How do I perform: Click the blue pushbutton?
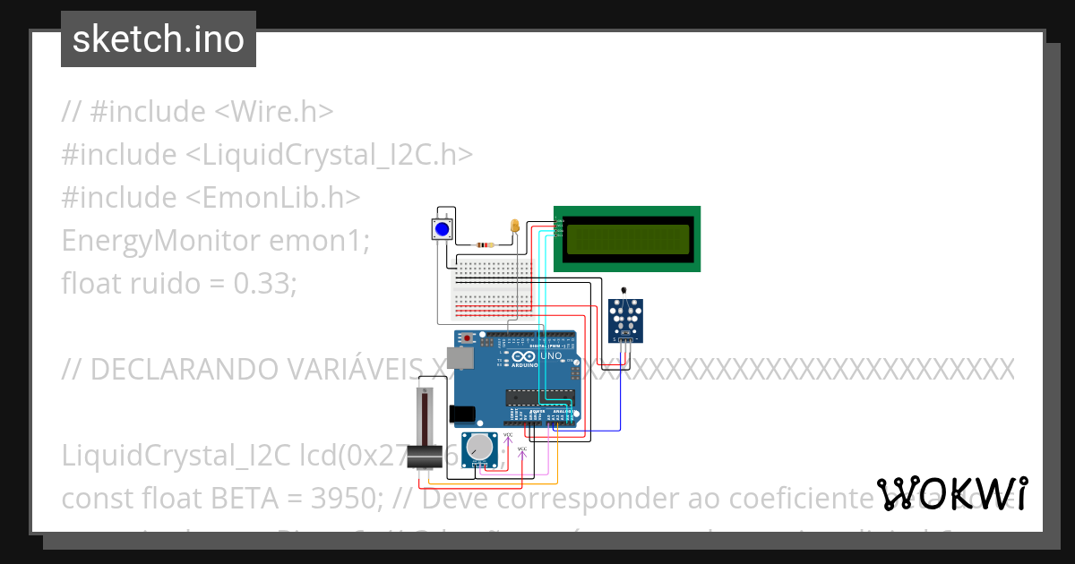[442, 229]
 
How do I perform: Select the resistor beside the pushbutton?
[485, 244]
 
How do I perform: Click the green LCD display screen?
[627, 238]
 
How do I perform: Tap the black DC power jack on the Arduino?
[462, 414]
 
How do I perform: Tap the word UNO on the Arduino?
[550, 356]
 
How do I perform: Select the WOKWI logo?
[953, 493]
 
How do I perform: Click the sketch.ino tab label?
[159, 39]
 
